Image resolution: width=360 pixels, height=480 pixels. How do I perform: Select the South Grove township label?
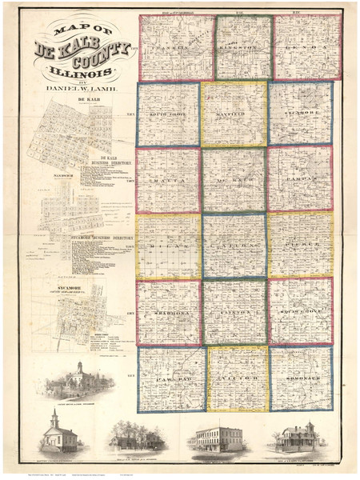(169, 115)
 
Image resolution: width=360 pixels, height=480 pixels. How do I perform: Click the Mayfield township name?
(234, 115)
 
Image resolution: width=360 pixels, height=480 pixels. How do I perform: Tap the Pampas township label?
(302, 181)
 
